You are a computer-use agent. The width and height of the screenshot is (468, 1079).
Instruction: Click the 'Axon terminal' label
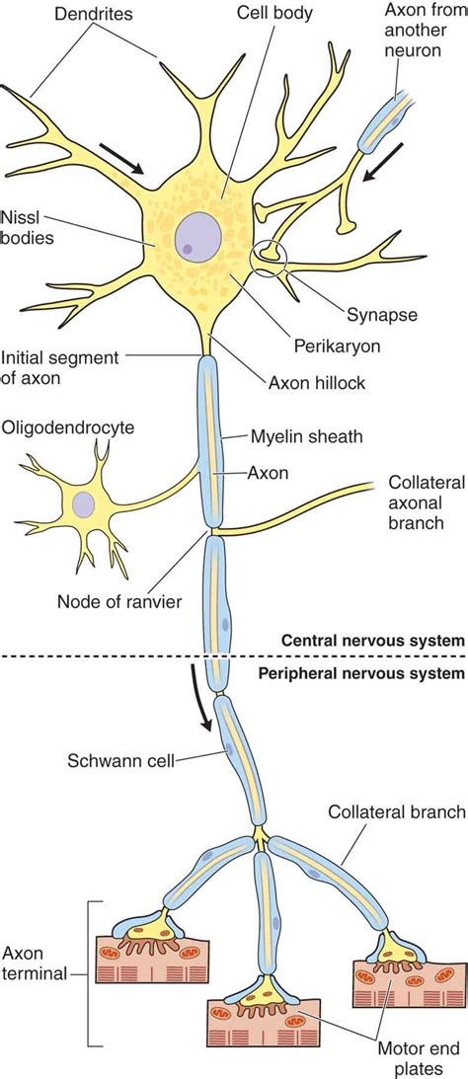click(35, 963)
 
